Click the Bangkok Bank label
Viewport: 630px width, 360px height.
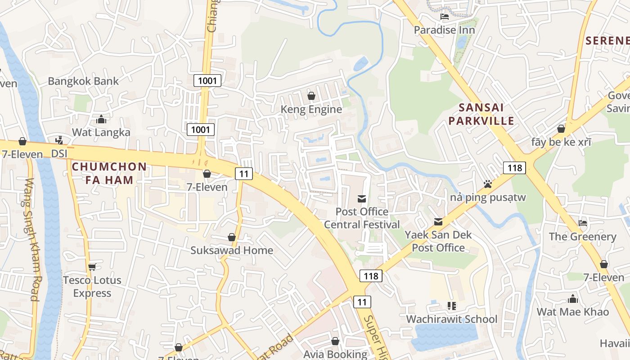[83, 81]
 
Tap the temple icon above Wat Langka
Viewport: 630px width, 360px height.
[101, 120]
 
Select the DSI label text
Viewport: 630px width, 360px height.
[59, 153]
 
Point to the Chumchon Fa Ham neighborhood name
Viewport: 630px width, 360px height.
[109, 173]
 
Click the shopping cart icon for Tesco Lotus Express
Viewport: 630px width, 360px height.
[92, 267]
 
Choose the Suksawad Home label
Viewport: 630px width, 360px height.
[231, 250]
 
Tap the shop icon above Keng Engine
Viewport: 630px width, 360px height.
[311, 96]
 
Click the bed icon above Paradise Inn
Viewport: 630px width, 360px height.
[445, 17]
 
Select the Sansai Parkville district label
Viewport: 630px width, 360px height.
[481, 114]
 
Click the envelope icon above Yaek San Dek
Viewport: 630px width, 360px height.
[438, 222]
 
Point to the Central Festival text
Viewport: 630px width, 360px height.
[362, 225]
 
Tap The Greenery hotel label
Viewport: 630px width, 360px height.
[582, 236]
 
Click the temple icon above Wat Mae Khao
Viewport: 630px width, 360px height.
[572, 299]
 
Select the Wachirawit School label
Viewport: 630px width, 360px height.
[451, 319]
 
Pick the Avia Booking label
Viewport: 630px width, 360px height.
[335, 354]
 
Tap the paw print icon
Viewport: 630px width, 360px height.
[488, 184]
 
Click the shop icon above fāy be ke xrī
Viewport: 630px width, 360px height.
[561, 129]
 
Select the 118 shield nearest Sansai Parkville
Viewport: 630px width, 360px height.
[514, 168]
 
